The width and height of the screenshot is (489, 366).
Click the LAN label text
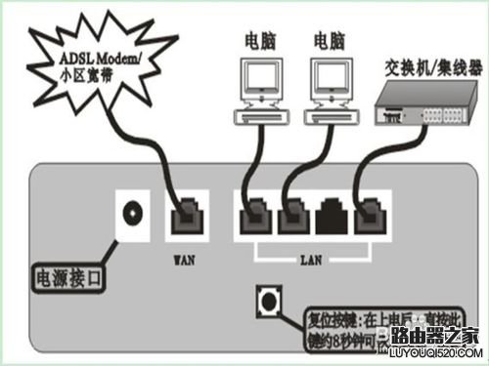(311, 261)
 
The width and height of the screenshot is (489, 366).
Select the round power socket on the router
(132, 211)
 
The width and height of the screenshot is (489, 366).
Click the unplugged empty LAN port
(331, 214)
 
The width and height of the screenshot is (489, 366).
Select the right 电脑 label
(330, 41)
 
